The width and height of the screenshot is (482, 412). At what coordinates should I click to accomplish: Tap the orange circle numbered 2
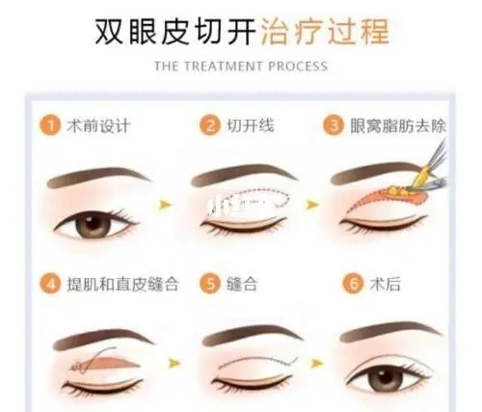207,125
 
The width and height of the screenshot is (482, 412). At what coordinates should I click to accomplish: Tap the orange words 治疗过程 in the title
325,31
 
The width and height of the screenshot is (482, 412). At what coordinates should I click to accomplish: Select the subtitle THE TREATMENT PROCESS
241,67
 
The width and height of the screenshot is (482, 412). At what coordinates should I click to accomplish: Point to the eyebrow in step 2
244,175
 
